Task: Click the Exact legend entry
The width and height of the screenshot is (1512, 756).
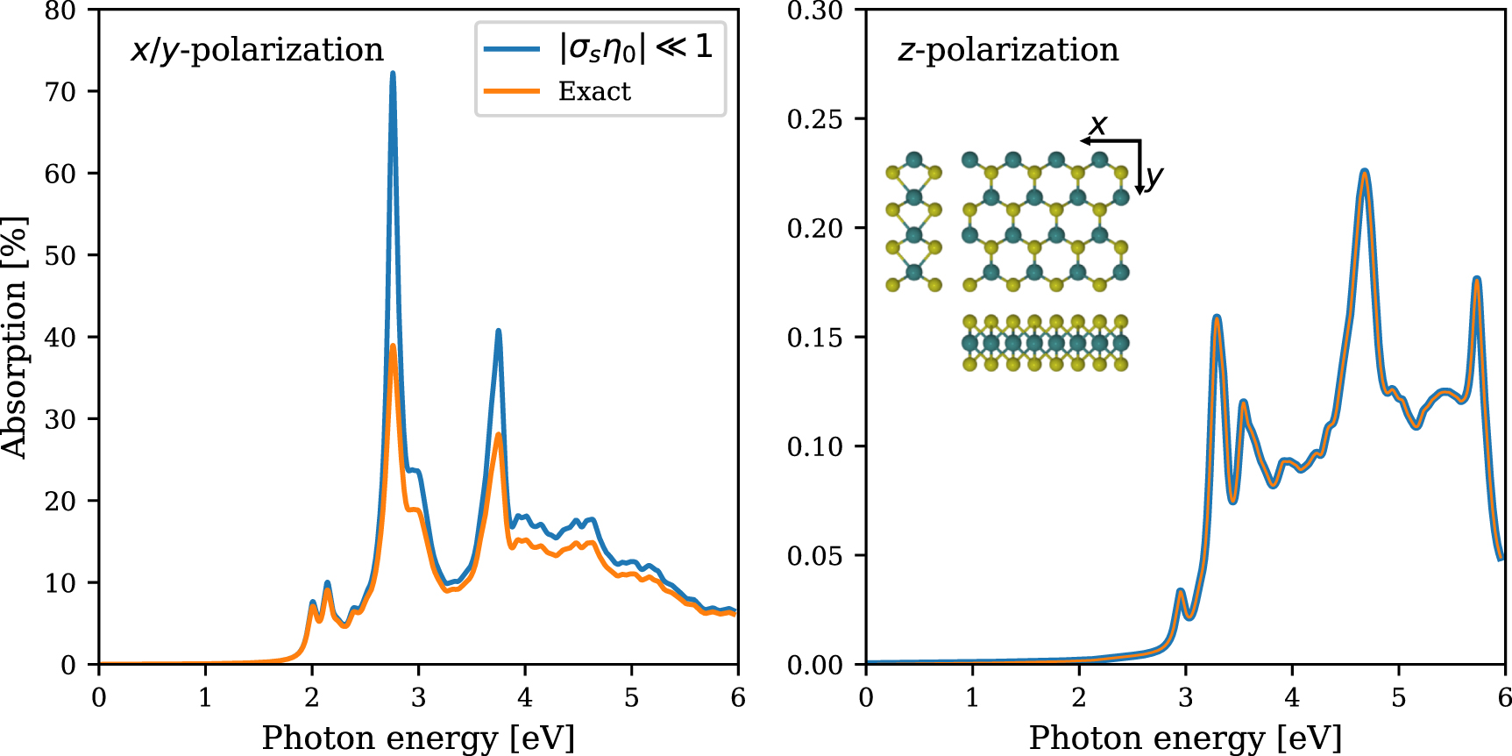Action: tap(594, 91)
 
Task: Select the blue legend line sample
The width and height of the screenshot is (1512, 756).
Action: tap(512, 48)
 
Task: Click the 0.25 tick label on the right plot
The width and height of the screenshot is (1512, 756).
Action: tap(814, 119)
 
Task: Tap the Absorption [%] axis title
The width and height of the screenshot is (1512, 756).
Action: tap(15, 338)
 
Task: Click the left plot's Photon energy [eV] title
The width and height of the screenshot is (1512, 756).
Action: tap(418, 738)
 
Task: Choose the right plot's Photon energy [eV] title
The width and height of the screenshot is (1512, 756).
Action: tap(1185, 738)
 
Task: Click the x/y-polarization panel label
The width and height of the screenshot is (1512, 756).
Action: tap(257, 50)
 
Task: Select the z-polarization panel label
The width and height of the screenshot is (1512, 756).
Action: tap(1008, 50)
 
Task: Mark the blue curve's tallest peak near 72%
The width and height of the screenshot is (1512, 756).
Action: tap(393, 74)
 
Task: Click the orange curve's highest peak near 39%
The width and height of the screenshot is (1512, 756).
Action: tap(393, 346)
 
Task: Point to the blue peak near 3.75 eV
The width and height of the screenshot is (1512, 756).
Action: tap(499, 332)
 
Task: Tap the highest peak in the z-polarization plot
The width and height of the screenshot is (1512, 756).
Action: tap(1365, 172)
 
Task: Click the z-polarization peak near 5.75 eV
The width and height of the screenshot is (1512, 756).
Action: tap(1477, 280)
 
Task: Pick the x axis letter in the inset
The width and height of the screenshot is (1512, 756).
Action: tap(1097, 125)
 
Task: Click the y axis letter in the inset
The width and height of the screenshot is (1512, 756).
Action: tap(1154, 176)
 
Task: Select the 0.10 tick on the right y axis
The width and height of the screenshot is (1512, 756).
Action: tap(814, 446)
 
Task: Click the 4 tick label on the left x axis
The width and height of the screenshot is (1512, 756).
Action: tap(525, 698)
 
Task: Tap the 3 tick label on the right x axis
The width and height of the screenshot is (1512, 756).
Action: tap(1185, 698)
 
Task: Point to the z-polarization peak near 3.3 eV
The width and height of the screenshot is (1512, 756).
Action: tap(1217, 317)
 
